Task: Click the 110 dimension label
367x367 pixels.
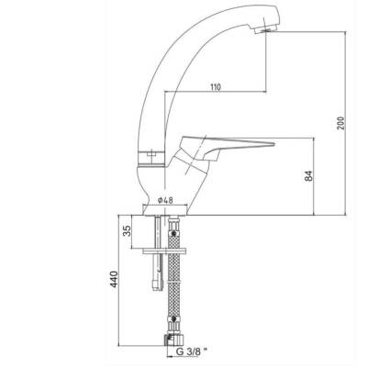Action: [x=216, y=87]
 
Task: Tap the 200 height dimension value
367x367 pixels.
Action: [x=340, y=123]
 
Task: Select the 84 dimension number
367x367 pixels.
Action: [x=309, y=175]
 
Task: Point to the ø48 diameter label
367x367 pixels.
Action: [x=165, y=200]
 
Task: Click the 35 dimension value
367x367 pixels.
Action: [x=127, y=230]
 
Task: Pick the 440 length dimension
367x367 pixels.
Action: [x=114, y=279]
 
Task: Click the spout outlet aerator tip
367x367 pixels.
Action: [x=265, y=29]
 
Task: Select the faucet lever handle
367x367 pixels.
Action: [x=227, y=146]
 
